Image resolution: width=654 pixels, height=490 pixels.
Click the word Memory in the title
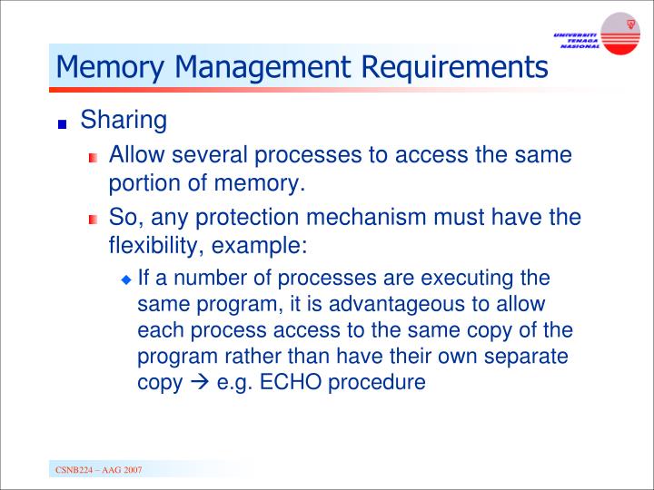click(108, 66)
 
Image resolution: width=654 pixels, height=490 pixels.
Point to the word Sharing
click(124, 121)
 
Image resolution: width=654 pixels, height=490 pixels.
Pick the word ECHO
click(288, 382)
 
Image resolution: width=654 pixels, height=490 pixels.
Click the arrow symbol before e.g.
click(202, 382)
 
